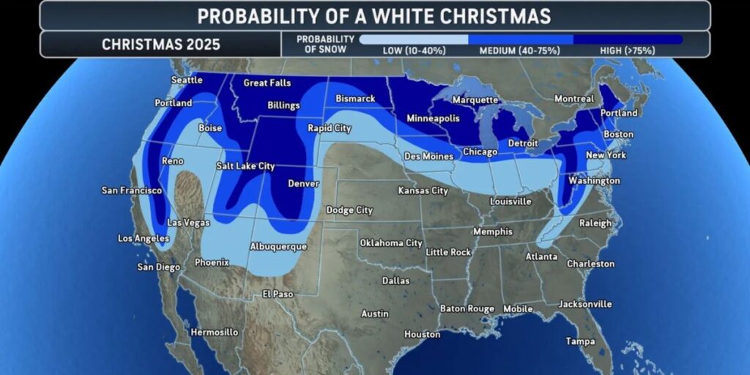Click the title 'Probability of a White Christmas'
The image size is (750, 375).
[x=374, y=15]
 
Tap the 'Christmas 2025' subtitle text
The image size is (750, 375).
[x=160, y=44]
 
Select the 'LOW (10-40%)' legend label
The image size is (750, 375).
[x=414, y=51]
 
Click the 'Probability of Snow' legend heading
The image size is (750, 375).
[x=326, y=44]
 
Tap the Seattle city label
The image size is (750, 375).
[x=187, y=80]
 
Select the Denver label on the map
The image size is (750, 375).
[x=303, y=184]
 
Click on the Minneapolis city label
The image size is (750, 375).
[x=433, y=119]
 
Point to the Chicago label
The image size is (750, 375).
[x=480, y=152]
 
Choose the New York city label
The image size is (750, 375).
[x=606, y=155]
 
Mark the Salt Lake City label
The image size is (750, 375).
[x=245, y=166]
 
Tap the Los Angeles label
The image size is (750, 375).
[x=144, y=239]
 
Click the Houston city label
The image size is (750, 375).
[x=423, y=335]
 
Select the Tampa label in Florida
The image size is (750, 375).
[x=580, y=341]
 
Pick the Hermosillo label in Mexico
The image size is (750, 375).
[x=214, y=333]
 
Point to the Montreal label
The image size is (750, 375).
[x=574, y=99]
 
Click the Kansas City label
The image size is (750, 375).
[x=423, y=191]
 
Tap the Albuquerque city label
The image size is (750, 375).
[x=278, y=247]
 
